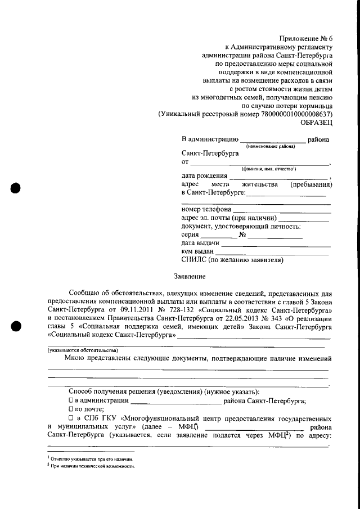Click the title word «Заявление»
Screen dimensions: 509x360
pyautogui.click(x=190, y=276)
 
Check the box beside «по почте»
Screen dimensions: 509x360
pyautogui.click(x=71, y=410)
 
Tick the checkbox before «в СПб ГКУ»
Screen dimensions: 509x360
pyautogui.click(x=71, y=419)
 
